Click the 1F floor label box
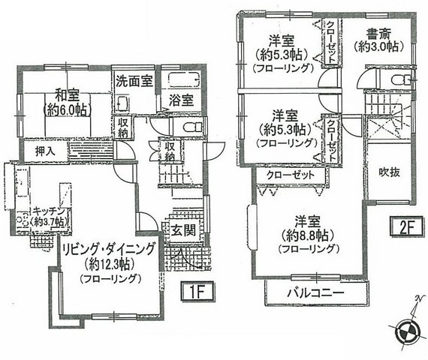coord(198,292)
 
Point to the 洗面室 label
coord(134,81)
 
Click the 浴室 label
coord(181,100)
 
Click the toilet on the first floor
coord(192,127)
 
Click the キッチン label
coord(49,211)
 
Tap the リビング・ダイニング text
coord(109,249)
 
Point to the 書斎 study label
coord(378,34)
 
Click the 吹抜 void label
coord(390,172)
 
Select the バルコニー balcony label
coord(315,293)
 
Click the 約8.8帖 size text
coord(307,235)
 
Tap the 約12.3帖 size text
coord(109,264)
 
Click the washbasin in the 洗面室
coord(123,104)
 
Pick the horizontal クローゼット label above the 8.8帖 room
coord(291,175)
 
